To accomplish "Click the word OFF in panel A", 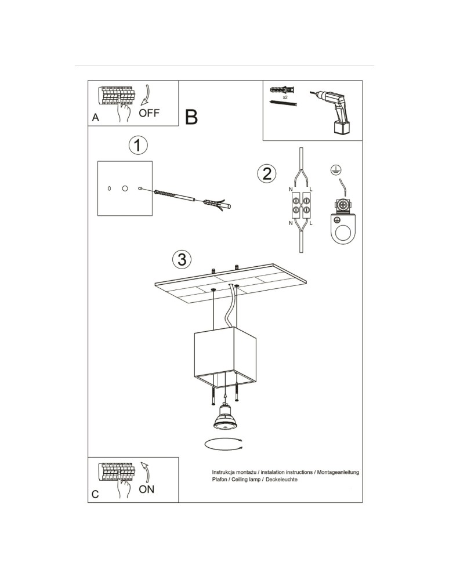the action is pos(149,113).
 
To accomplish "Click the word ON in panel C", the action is pos(146,490).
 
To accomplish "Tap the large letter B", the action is pos(191,117).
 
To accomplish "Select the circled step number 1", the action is pos(138,146).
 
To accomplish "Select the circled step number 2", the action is pos(267,173).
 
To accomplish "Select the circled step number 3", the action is pos(182,260).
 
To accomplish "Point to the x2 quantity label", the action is pos(285,97).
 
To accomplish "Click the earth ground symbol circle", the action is pos(336,171).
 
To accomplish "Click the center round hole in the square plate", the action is pos(125,188).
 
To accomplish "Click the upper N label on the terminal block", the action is pos(291,190).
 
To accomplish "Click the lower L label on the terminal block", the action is pos(311,223).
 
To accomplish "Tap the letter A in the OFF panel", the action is pos(95,118).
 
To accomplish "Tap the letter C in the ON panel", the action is pos(95,495).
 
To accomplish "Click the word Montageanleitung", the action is pos(338,472).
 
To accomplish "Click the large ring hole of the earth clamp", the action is pos(344,233).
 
